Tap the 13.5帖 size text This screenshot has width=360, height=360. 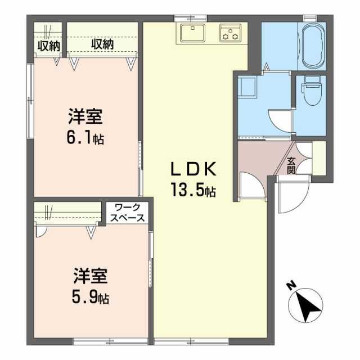(193, 191)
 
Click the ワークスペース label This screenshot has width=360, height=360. (129, 213)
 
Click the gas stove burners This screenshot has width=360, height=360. (230, 33)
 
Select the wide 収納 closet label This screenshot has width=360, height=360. (102, 45)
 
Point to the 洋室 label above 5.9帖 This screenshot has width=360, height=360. (90, 277)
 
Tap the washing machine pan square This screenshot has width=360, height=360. (246, 88)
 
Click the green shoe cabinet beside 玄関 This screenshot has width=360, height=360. (319, 158)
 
